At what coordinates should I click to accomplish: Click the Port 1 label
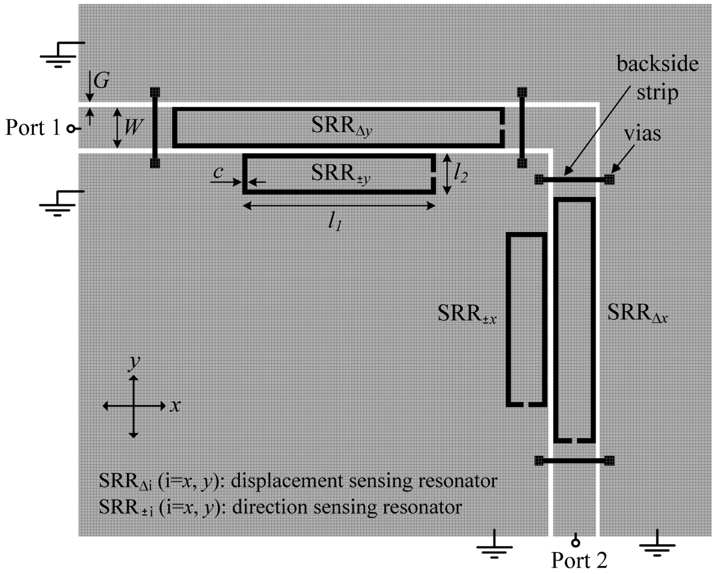tap(33, 127)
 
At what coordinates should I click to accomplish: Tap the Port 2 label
tap(579, 560)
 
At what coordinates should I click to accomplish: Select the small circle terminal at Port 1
tap(70, 129)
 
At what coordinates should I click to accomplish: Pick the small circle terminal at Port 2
tap(575, 541)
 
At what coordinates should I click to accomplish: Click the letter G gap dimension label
tap(101, 82)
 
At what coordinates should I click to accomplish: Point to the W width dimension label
tap(133, 127)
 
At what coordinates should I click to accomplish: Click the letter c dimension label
tap(219, 172)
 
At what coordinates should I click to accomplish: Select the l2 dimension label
tap(460, 173)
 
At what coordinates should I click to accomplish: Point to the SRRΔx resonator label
tap(637, 313)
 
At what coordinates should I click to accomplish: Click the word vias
tap(642, 134)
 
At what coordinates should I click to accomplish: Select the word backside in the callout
tap(657, 63)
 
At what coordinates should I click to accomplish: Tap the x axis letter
tap(176, 406)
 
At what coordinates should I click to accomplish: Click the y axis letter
tap(135, 362)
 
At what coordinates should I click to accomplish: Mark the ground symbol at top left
tap(60, 55)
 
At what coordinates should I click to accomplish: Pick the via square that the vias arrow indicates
tap(609, 180)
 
